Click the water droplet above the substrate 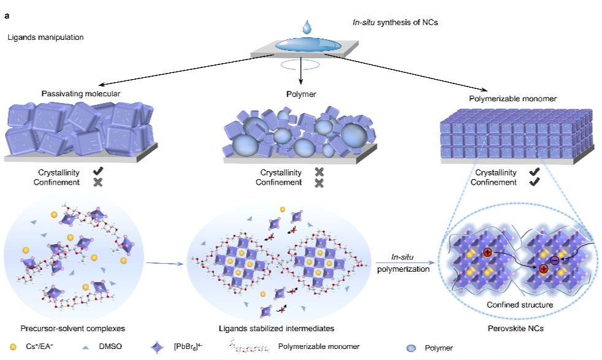(x=307, y=27)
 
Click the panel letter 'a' (x=7, y=16)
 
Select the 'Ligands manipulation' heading (x=45, y=37)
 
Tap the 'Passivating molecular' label (x=80, y=94)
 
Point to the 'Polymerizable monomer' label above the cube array (x=512, y=99)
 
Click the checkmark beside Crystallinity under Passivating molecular (x=98, y=171)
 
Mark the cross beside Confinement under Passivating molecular (x=98, y=182)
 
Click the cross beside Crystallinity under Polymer (x=319, y=172)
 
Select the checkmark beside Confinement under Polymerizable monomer (x=534, y=182)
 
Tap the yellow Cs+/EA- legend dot (x=13, y=347)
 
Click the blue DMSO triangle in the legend (x=86, y=347)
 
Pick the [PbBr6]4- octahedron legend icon (x=158, y=347)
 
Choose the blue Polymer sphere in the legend (x=411, y=348)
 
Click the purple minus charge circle (x=554, y=261)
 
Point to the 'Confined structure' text (x=520, y=305)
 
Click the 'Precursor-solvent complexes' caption (x=72, y=329)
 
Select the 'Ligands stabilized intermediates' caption (x=276, y=329)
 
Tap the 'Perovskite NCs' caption (x=515, y=329)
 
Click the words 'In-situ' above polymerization (x=402, y=257)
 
